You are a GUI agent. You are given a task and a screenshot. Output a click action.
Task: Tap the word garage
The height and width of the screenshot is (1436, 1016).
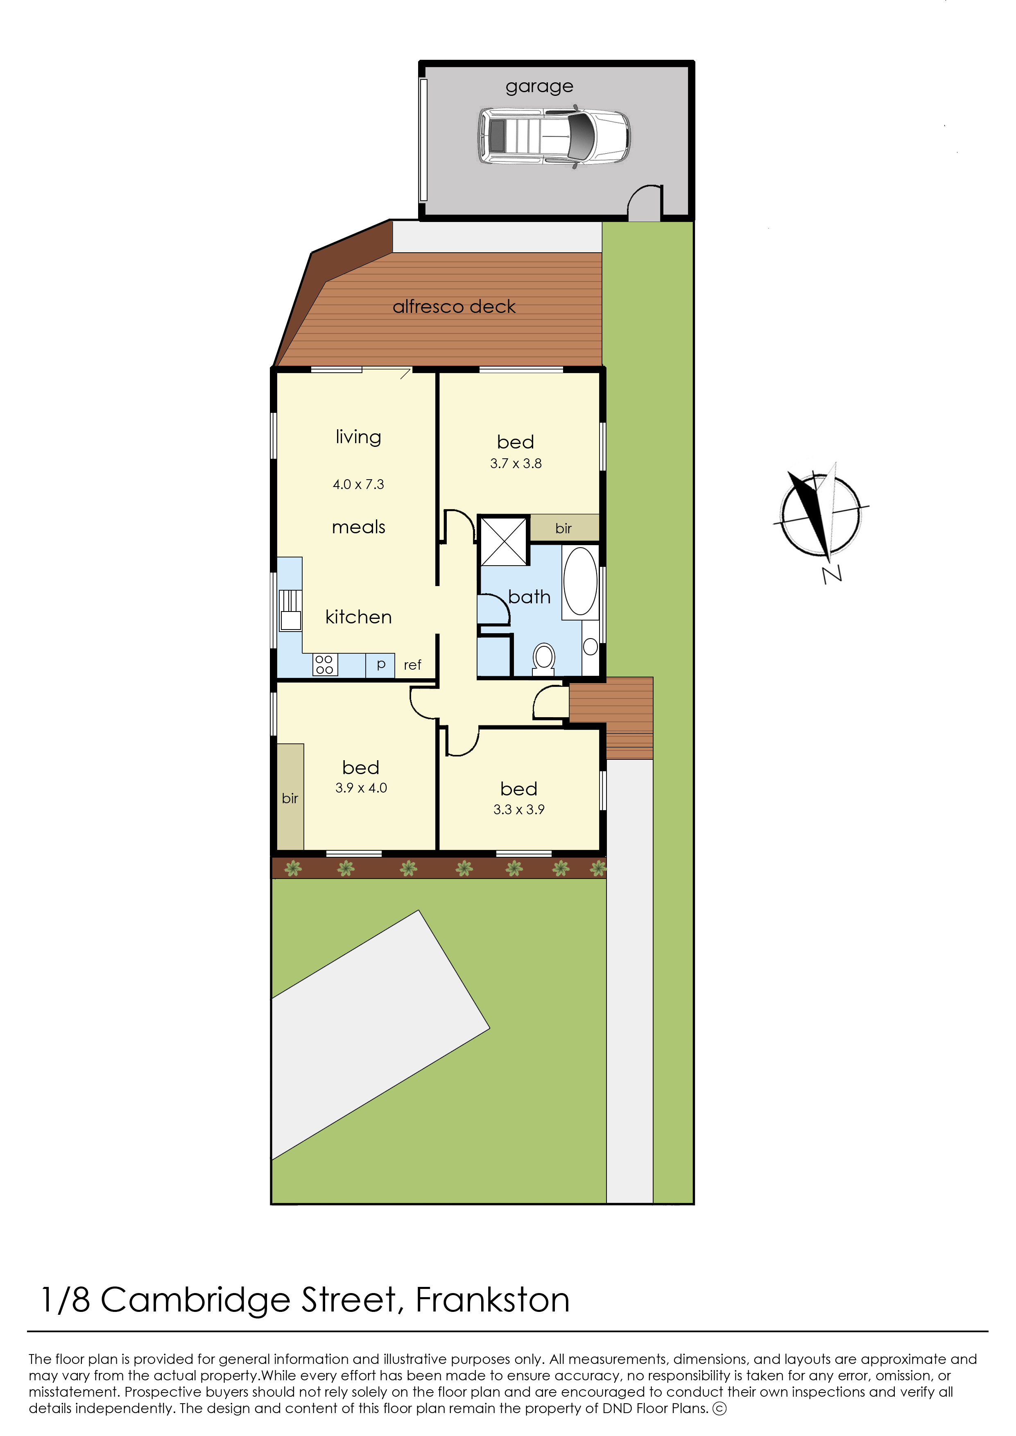pos(539,86)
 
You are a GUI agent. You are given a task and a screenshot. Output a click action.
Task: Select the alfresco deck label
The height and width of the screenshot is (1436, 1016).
pos(454,307)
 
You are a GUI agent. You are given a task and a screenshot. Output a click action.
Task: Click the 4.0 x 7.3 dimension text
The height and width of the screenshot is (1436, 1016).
pos(358,484)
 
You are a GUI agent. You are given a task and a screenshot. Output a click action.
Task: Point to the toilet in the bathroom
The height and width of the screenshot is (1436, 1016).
pos(544,658)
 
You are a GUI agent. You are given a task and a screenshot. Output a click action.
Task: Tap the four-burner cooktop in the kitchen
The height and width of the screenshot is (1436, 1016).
pos(325,664)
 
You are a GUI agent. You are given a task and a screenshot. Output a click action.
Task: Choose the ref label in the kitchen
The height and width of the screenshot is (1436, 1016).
pos(412,665)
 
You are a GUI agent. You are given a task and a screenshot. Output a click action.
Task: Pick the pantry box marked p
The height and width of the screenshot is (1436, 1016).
pos(380,664)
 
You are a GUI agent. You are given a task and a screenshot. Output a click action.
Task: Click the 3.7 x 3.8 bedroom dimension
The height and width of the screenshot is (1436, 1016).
pos(516,464)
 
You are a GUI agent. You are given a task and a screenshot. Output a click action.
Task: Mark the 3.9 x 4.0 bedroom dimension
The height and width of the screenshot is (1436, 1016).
pos(361,788)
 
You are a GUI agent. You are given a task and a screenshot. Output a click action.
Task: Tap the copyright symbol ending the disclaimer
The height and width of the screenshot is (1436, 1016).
pos(720,1409)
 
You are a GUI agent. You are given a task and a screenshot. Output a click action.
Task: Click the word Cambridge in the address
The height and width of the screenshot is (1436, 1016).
pos(195,1300)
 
